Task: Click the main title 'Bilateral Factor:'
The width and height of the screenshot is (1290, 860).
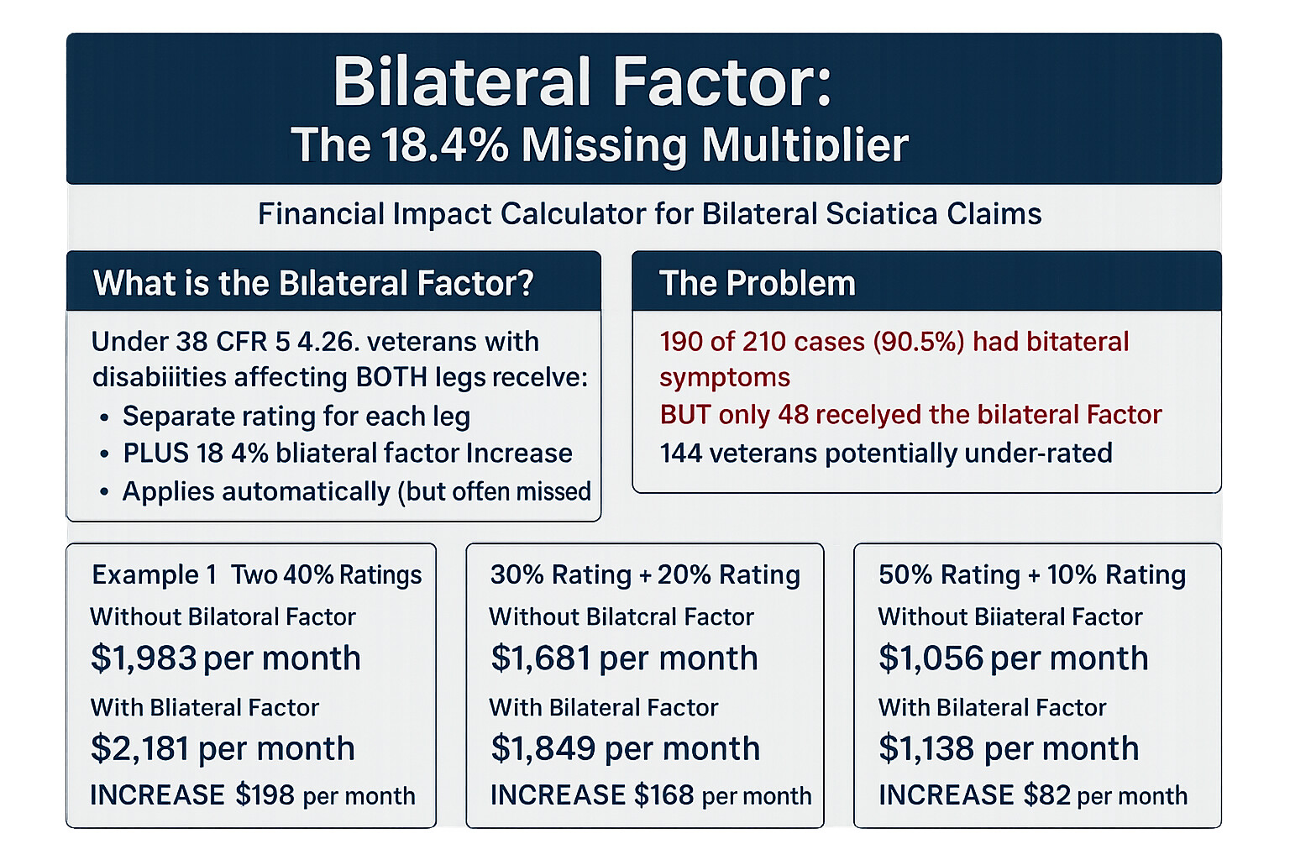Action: click(582, 82)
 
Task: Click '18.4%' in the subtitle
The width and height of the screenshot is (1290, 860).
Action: click(444, 145)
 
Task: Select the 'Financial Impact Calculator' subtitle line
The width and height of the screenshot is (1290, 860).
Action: click(649, 214)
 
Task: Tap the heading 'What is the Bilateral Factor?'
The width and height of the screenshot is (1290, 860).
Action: click(313, 284)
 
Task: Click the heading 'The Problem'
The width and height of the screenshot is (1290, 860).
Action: click(757, 284)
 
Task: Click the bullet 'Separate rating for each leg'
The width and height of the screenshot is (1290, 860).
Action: click(296, 417)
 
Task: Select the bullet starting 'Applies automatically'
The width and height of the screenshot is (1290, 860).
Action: click(356, 491)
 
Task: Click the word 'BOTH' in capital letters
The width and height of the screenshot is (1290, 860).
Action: click(391, 378)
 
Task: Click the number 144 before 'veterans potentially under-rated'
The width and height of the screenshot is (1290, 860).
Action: click(680, 454)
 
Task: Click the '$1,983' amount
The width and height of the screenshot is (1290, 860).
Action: click(144, 658)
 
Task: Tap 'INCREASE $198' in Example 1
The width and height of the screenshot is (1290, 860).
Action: click(192, 795)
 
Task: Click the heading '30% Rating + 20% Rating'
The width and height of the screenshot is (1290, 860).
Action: click(644, 575)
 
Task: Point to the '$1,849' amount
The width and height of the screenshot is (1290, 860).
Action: click(543, 748)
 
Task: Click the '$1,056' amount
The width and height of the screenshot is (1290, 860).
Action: click(931, 658)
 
